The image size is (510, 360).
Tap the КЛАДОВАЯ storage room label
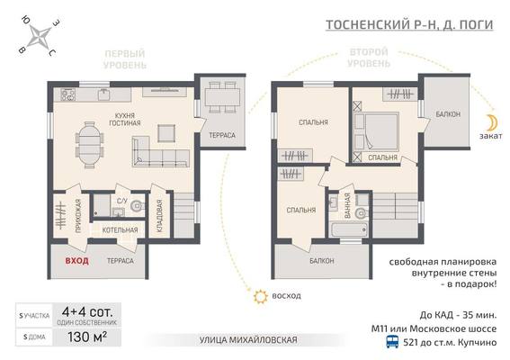point(159,214)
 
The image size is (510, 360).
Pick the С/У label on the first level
point(123,201)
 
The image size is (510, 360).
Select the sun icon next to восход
point(261,294)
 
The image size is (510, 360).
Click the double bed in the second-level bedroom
point(379,130)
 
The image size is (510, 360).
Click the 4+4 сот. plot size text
point(87,314)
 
